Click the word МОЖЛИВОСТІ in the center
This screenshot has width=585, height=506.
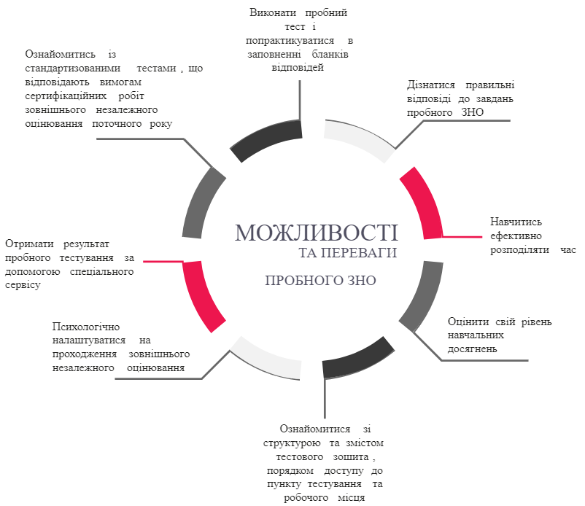317,233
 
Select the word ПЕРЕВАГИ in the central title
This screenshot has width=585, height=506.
359,253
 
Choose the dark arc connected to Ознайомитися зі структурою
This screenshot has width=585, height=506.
357,359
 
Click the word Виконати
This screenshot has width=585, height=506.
273,13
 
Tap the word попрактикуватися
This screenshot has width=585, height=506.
290,41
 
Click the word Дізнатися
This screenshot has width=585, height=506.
431,85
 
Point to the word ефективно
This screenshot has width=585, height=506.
516,236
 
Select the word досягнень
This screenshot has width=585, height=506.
473,349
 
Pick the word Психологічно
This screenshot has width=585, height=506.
86,327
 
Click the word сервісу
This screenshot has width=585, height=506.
23,285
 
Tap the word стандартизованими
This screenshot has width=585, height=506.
73,69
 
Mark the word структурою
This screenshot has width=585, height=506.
292,443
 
